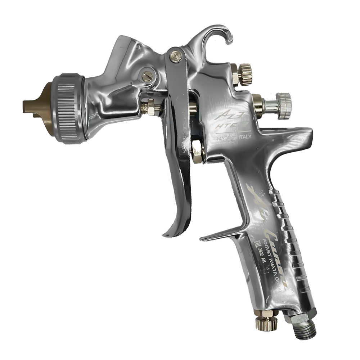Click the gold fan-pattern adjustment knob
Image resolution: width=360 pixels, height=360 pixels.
click(x=248, y=73)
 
